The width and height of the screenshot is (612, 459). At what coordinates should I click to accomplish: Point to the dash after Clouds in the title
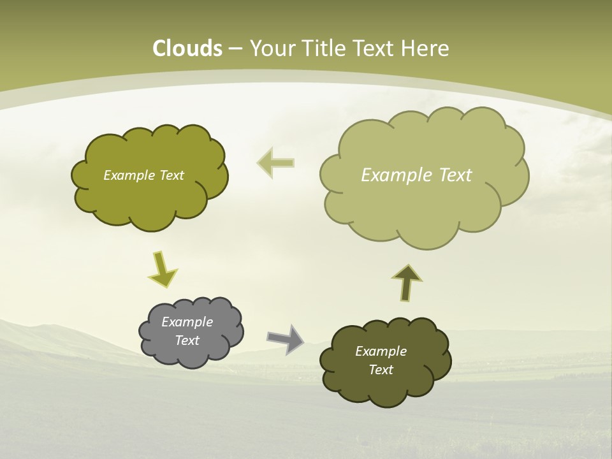(x=234, y=49)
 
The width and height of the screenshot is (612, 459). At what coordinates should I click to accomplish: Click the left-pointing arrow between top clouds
(x=276, y=162)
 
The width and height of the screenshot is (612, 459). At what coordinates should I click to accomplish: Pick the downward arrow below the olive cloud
(x=162, y=270)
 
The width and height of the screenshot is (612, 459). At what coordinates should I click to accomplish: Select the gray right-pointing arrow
(x=285, y=339)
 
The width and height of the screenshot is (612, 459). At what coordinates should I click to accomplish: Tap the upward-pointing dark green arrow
(x=406, y=282)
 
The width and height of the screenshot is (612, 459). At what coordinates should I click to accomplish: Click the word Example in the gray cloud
(x=187, y=322)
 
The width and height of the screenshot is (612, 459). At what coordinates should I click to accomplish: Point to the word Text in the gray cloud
(x=187, y=340)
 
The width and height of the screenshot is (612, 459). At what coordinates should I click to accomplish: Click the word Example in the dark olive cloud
(x=381, y=351)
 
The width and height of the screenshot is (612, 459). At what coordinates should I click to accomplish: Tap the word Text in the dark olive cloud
(x=381, y=370)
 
